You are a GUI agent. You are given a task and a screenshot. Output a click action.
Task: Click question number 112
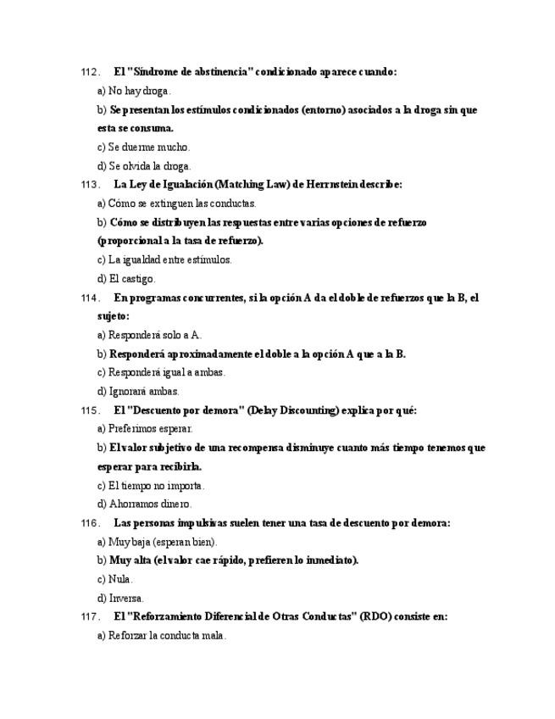tap(90, 72)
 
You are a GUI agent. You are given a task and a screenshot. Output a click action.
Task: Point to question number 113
tap(90, 185)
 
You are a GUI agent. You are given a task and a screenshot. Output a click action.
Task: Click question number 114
tap(90, 298)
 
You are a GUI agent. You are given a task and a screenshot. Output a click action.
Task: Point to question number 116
tap(90, 523)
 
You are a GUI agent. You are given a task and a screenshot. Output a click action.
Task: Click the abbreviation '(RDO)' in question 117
tap(374, 617)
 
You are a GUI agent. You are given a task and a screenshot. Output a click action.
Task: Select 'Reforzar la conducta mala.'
tap(161, 636)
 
